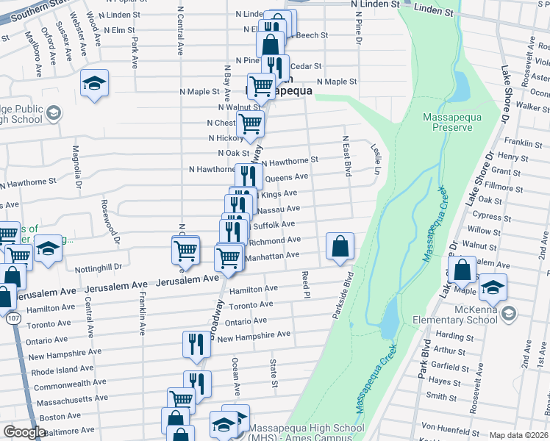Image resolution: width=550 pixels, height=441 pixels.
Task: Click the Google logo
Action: pyautogui.click(x=24, y=432)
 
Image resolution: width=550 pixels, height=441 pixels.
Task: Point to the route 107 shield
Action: pyautogui.click(x=15, y=320)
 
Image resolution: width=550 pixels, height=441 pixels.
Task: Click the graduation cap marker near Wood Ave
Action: pyautogui.click(x=94, y=84)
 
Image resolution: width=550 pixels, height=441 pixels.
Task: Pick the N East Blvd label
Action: pyautogui.click(x=346, y=155)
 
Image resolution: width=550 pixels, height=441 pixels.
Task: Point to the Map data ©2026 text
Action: pyautogui.click(x=519, y=435)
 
